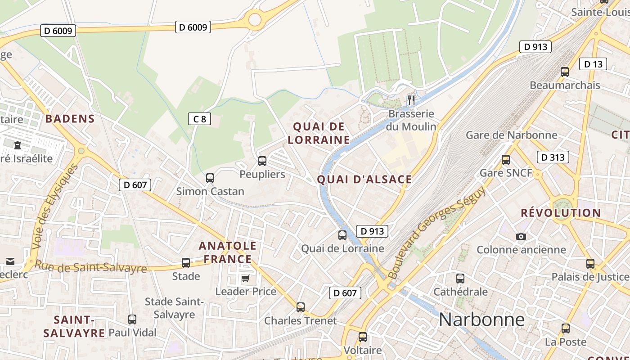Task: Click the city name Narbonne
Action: coord(481,319)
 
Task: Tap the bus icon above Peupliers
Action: coord(262,161)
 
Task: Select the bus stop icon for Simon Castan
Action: coord(210,178)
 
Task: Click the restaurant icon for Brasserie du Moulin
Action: coord(411,99)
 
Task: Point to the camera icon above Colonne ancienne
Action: coord(521,236)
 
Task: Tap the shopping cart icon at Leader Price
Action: coord(245,278)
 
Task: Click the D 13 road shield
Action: coord(593,64)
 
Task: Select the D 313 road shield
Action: coord(553,157)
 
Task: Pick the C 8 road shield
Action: coord(199,119)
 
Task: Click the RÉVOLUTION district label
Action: coord(561,213)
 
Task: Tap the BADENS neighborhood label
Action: coord(70,119)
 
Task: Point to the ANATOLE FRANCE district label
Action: coord(228,252)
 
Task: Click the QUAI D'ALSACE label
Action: coord(364,180)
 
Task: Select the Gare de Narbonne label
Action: coord(511,135)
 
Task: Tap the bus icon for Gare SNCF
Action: coord(506,160)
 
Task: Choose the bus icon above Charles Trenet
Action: coord(301,307)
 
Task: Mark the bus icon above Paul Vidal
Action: coord(132,319)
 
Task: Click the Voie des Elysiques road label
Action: coord(55,207)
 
